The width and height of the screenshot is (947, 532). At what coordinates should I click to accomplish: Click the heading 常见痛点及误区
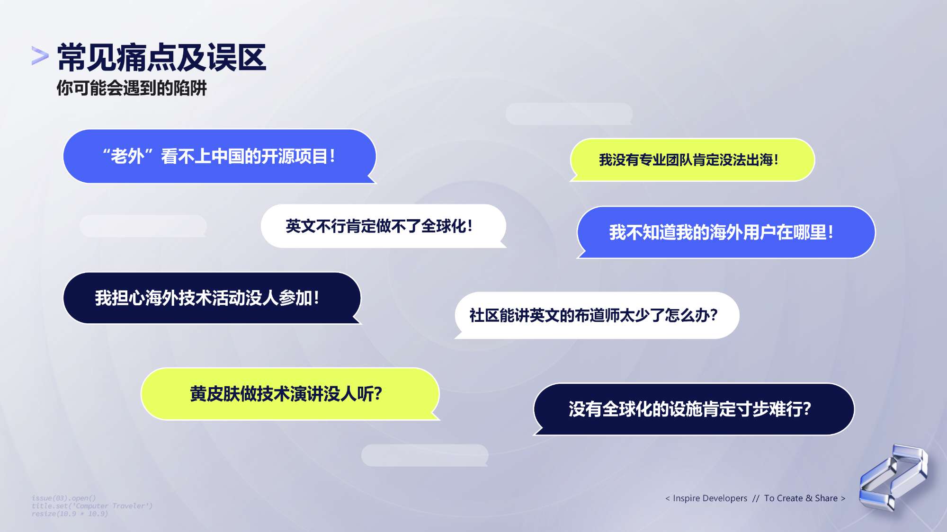tap(161, 58)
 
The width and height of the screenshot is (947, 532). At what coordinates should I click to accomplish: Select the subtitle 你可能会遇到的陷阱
tap(132, 88)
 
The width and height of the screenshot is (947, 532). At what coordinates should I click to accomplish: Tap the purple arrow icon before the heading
tap(40, 55)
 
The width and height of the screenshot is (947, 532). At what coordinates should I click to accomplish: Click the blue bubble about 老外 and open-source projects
tap(220, 156)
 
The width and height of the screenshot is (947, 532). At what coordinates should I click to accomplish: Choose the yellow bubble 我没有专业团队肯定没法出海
tap(692, 160)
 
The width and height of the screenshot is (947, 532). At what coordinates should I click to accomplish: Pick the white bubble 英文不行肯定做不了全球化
tap(384, 226)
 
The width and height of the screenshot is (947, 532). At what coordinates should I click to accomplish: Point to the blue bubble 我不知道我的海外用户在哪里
tap(726, 232)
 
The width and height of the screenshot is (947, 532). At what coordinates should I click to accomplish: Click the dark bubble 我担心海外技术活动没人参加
tap(212, 298)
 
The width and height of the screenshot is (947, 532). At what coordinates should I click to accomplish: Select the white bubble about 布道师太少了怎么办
tap(597, 315)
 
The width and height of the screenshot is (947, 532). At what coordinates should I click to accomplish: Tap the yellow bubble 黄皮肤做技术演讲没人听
tap(290, 394)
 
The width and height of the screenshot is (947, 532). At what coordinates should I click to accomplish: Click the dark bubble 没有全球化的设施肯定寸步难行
tap(694, 409)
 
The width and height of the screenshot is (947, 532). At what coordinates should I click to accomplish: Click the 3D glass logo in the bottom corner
tap(893, 477)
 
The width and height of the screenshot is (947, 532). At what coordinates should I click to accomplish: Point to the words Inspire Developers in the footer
tap(710, 498)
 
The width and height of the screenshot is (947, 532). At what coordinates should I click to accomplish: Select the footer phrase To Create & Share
tap(801, 498)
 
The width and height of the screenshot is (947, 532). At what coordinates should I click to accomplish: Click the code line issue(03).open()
tap(64, 498)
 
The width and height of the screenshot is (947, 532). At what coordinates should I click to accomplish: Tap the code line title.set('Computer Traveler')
tap(92, 506)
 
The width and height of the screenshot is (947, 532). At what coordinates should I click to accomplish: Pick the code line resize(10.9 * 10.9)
tap(70, 514)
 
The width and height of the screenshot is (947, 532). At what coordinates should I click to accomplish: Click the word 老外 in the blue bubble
tap(127, 156)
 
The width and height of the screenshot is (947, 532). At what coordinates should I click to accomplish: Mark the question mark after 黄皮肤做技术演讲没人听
tap(378, 394)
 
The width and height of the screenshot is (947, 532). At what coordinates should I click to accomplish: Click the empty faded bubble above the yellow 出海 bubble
tap(569, 114)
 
